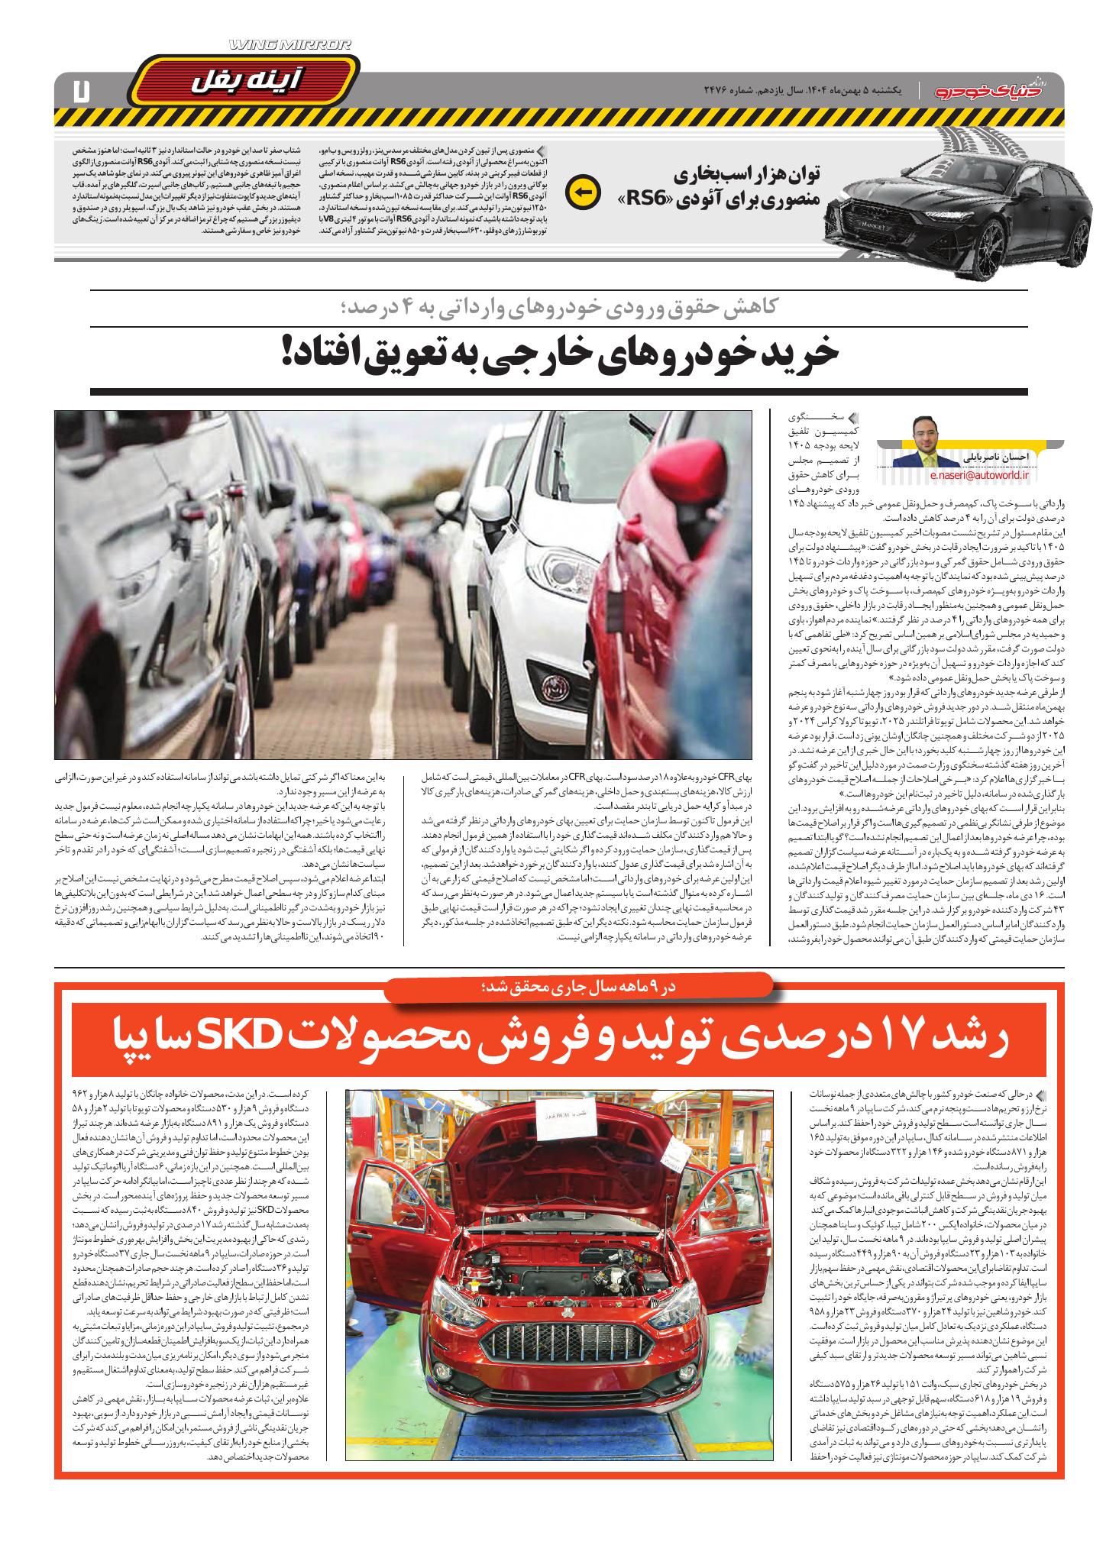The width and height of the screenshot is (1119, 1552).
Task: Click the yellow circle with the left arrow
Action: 582,192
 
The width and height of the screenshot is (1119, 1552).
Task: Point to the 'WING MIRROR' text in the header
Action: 290,47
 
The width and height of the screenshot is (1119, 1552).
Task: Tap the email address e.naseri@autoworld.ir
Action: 981,474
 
